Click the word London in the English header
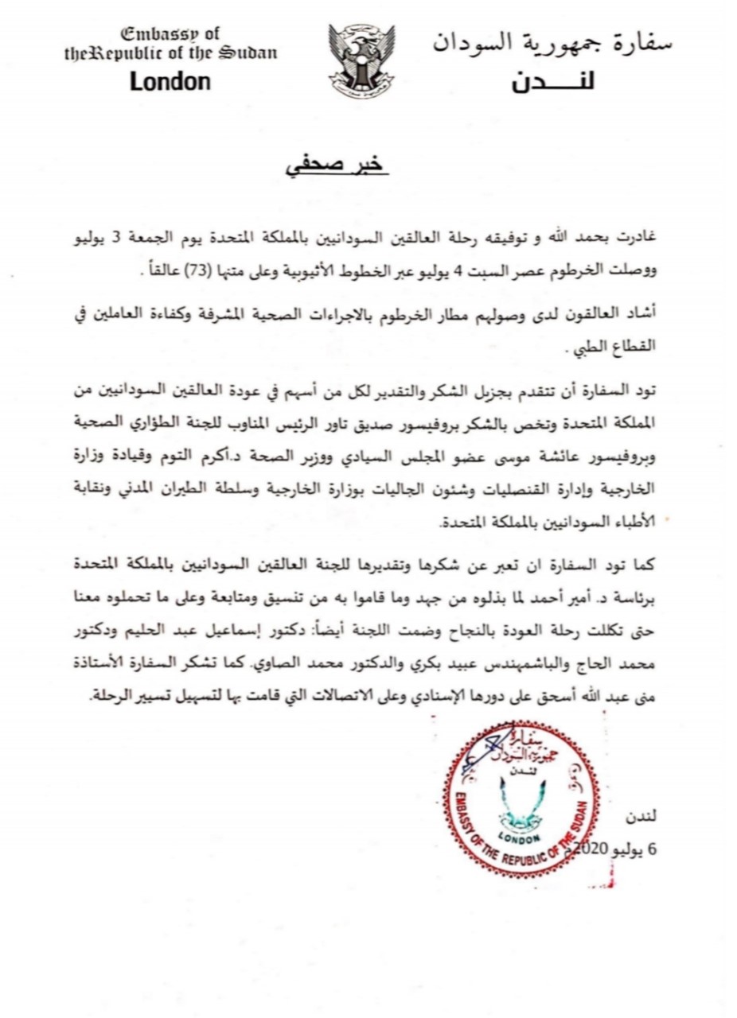[x=170, y=81]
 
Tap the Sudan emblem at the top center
[x=361, y=60]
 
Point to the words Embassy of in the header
[x=170, y=34]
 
